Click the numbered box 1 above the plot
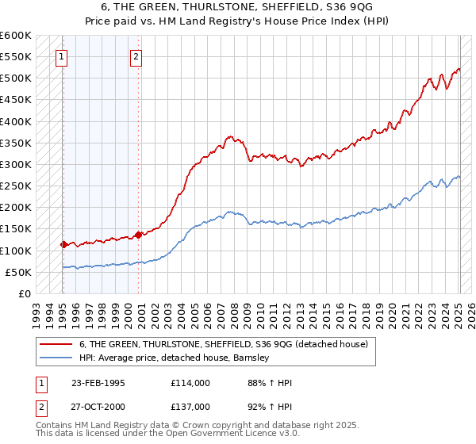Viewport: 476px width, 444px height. click(x=62, y=56)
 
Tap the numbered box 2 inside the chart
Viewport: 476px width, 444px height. click(x=136, y=56)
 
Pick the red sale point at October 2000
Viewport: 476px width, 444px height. click(x=139, y=235)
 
